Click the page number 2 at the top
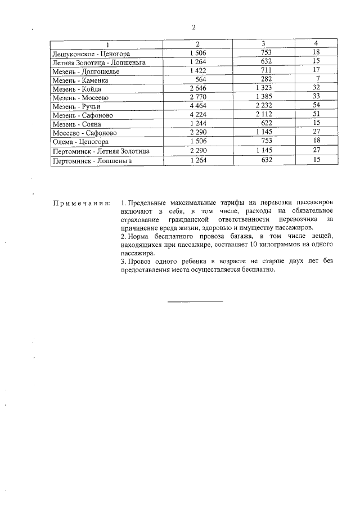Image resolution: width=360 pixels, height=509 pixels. tap(193, 28)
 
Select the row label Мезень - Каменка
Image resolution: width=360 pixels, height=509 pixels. tap(80, 80)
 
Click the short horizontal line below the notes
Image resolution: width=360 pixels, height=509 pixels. tap(195, 302)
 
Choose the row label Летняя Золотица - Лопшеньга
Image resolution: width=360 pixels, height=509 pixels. tap(98, 62)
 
